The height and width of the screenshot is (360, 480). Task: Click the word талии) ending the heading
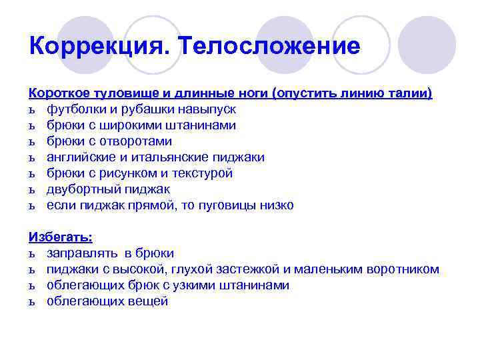pyautogui.click(x=412, y=93)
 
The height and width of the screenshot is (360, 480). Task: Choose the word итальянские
pyautogui.click(x=167, y=157)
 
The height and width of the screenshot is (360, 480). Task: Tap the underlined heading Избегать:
pyautogui.click(x=61, y=237)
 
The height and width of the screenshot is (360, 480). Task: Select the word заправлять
pyautogui.click(x=79, y=253)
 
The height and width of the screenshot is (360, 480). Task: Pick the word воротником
pyautogui.click(x=403, y=269)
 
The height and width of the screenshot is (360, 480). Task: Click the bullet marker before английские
pyautogui.click(x=32, y=158)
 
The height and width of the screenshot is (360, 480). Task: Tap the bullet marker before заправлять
pyautogui.click(x=32, y=254)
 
